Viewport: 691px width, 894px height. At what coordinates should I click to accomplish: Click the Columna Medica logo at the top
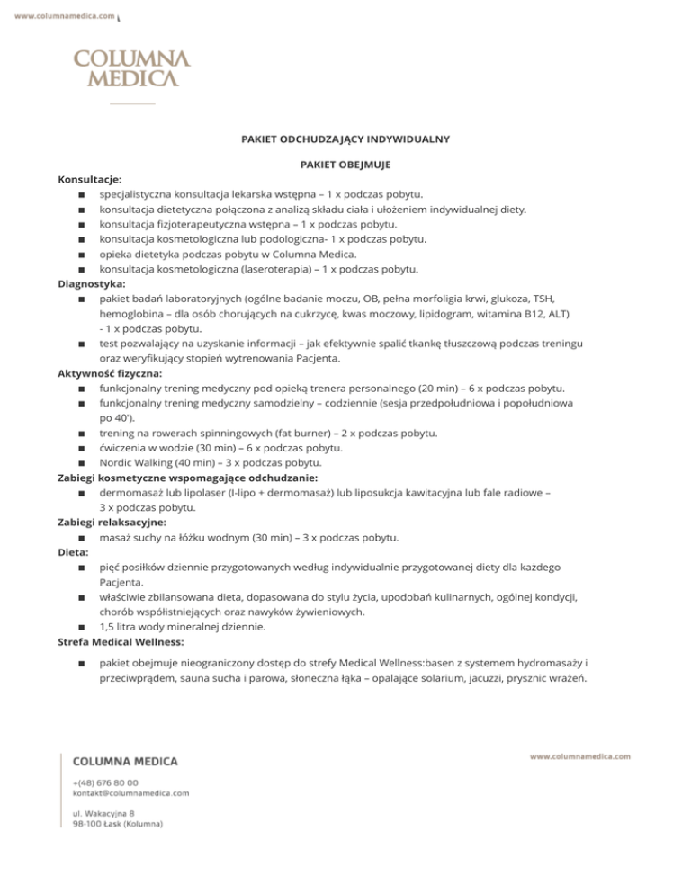131,68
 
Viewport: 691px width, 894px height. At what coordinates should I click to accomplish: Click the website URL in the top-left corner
66,16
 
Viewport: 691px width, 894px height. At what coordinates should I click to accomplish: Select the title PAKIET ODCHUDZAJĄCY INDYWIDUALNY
345,139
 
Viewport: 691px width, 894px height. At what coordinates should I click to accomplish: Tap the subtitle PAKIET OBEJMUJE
345,165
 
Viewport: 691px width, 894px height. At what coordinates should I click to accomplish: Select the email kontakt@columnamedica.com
130,794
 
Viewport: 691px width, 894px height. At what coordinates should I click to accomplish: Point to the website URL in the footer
579,757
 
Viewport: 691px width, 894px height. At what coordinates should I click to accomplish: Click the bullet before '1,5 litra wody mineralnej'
82,627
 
